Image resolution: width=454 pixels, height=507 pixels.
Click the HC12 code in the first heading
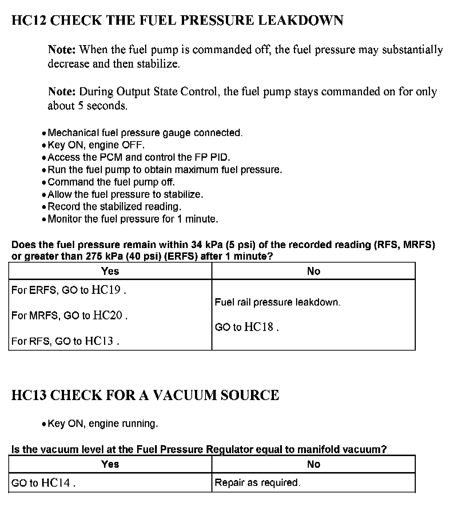pos(29,20)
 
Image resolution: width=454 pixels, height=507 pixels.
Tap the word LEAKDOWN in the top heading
pos(300,20)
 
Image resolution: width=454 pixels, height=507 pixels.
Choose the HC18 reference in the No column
pos(258,327)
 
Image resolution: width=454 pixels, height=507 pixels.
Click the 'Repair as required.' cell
pos(258,483)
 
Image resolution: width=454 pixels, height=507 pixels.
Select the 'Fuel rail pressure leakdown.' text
pos(278,302)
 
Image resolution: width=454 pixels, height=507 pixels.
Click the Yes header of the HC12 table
pos(110,271)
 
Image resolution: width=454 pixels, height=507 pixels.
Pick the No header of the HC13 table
pos(313,464)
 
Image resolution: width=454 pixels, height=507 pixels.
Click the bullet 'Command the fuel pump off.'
pos(111,182)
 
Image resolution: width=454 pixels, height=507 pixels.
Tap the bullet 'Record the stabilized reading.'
pos(114,207)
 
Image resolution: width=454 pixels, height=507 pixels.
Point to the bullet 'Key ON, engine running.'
pos(103,423)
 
